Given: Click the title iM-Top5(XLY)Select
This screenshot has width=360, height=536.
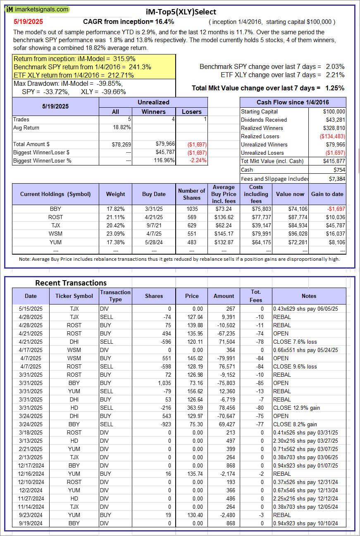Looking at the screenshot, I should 181,12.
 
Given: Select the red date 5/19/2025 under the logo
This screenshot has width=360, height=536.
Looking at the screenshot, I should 28,21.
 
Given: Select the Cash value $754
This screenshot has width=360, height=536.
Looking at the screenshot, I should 339,170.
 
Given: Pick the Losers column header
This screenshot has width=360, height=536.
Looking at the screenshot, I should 192,111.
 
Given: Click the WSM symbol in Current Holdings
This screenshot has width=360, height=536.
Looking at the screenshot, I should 55,234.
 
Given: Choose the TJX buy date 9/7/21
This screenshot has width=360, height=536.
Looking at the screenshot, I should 154,226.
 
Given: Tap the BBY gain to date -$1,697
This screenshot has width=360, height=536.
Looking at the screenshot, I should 334,209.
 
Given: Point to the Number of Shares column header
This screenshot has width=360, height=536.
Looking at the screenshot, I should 191,194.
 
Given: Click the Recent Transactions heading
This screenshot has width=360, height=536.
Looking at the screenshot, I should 71,283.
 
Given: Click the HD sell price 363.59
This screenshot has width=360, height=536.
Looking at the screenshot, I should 192,408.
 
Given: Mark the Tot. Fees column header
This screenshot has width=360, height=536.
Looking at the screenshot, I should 256,296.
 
